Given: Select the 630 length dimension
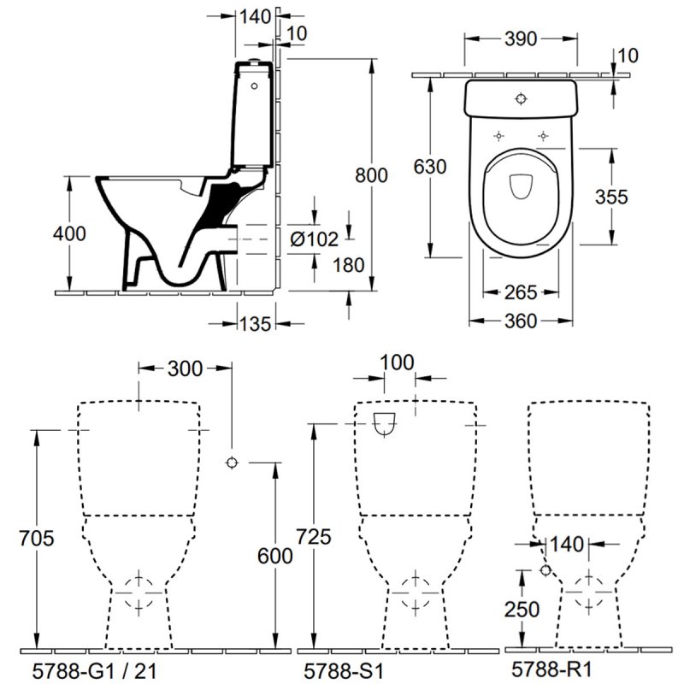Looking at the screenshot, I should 430,168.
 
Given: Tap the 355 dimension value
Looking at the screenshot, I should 612,197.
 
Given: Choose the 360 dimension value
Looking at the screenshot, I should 521,321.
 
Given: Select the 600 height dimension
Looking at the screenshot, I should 275,555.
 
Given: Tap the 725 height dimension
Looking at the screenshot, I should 312,536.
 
